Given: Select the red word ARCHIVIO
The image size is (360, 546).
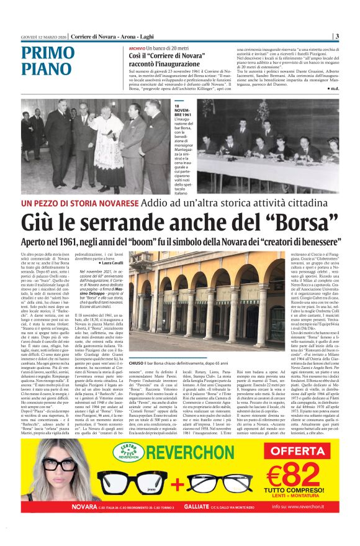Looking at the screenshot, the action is (138, 48).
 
